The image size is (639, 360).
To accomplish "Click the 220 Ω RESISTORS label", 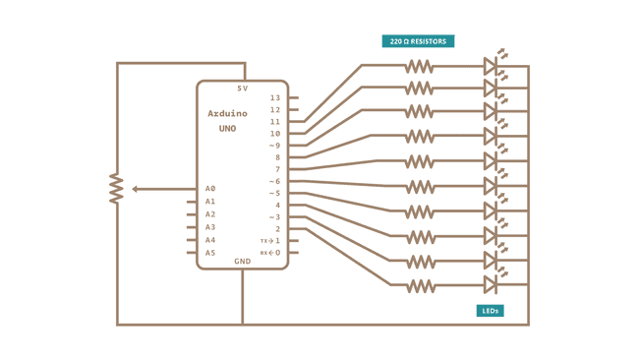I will coord(418,41).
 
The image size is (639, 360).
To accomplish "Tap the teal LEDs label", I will coord(490,311).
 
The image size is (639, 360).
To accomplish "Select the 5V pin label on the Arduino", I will coord(242,89).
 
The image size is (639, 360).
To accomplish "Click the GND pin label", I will coord(242,262).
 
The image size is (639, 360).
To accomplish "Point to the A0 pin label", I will coord(210,189).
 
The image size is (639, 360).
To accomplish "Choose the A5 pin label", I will coord(210,253).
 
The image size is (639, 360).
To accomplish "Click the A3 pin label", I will coord(210,227).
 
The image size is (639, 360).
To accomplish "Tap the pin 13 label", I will coord(275,98).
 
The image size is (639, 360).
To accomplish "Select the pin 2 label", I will coord(277,229).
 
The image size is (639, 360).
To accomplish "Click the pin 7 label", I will coord(277,169).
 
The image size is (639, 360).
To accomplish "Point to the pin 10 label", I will coord(275,134).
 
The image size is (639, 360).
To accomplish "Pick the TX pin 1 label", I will coord(271,241).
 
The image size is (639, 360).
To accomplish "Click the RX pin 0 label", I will coord(271,253).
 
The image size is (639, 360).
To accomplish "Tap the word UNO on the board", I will coord(227,129).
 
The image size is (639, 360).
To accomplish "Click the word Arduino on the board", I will coord(227,114).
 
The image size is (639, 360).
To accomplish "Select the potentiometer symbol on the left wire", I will coord(116,189).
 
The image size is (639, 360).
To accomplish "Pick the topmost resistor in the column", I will coord(420,66).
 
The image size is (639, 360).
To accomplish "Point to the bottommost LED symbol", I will coord(490,285).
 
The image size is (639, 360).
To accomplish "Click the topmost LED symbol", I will coord(490,66).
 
